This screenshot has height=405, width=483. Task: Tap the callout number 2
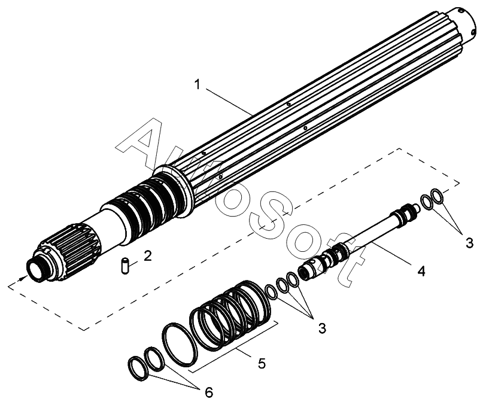pos(147,256)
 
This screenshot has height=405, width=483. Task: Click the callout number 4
pos(421,271)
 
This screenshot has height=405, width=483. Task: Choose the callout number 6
pos(208,392)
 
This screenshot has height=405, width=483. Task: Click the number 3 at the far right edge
pos(469,242)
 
